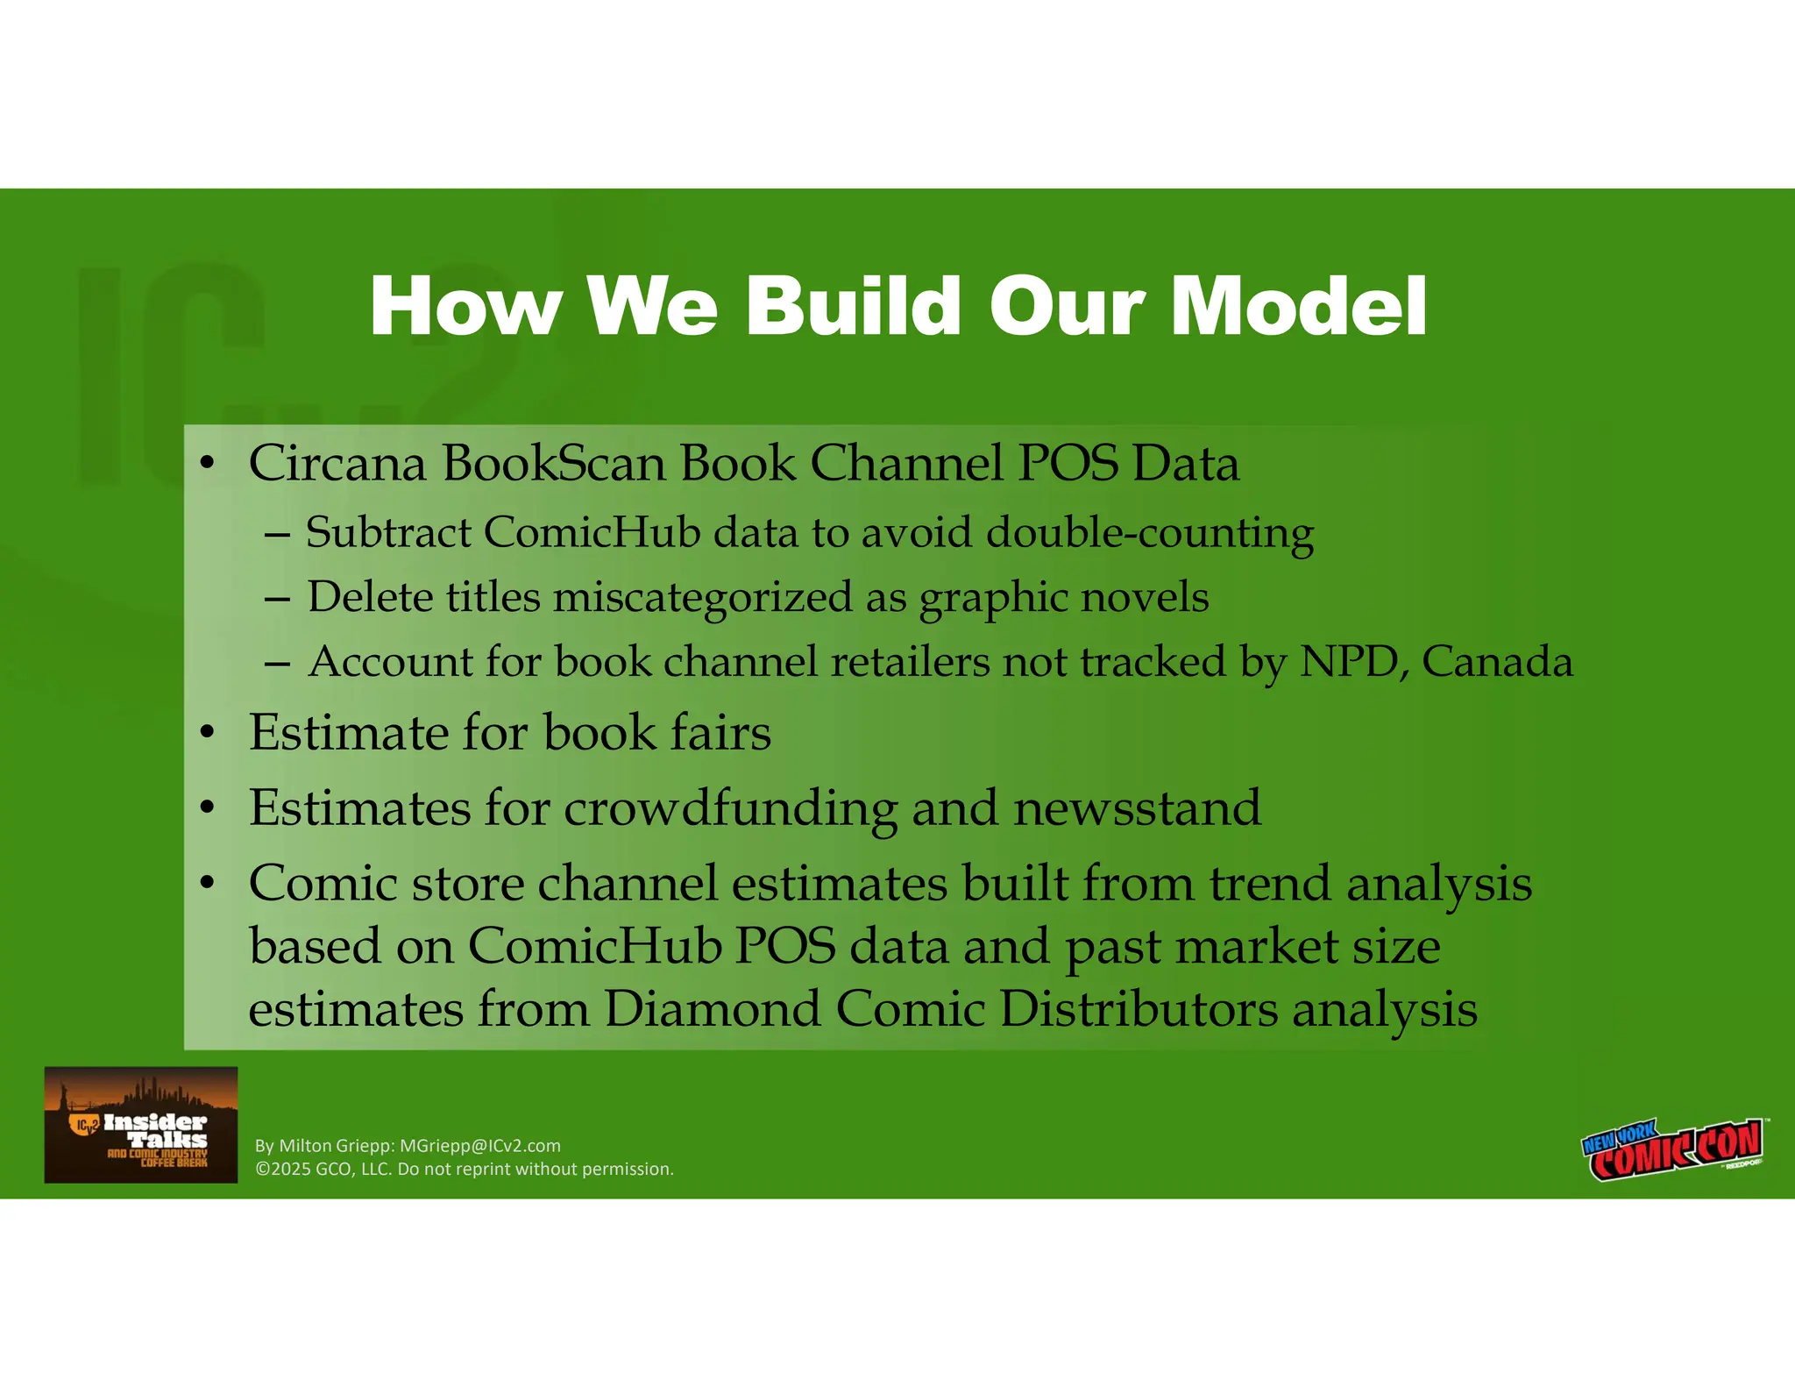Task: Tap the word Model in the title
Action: pyautogui.click(x=1299, y=306)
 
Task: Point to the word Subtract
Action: pyautogui.click(x=388, y=532)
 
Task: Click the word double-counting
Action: pyautogui.click(x=1149, y=534)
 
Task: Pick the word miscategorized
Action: pyautogui.click(x=702, y=598)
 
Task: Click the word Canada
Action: pyautogui.click(x=1497, y=661)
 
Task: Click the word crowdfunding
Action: pyautogui.click(x=731, y=807)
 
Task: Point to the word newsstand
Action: pyautogui.click(x=1137, y=807)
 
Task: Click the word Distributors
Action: pyautogui.click(x=1139, y=1009)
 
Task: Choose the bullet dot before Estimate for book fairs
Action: pyautogui.click(x=207, y=732)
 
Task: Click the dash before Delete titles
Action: pyautogui.click(x=277, y=599)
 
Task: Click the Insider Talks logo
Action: pyautogui.click(x=141, y=1125)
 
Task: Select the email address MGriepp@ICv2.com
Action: pyautogui.click(x=479, y=1146)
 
